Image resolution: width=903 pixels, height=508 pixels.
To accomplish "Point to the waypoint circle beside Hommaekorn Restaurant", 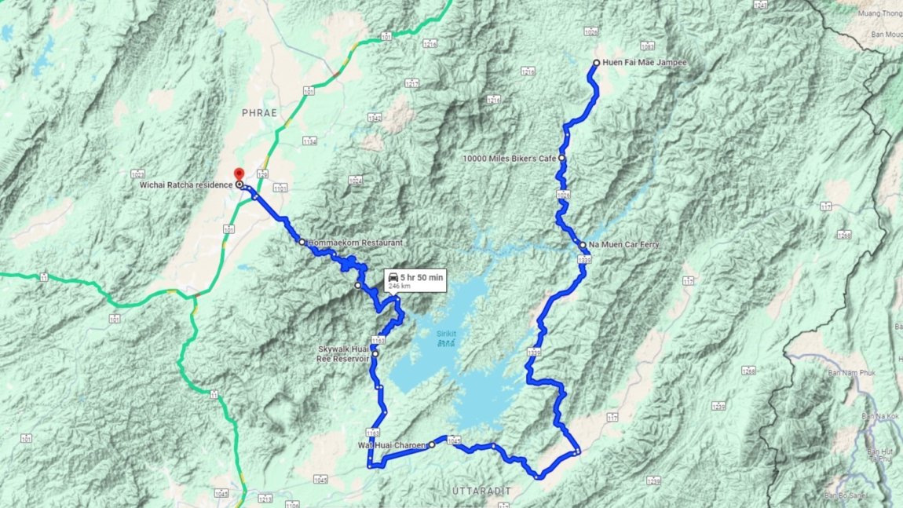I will [x=302, y=242].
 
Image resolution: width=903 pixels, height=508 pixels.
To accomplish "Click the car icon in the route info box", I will [x=392, y=276].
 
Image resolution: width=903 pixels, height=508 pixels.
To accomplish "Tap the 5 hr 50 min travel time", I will [x=422, y=276].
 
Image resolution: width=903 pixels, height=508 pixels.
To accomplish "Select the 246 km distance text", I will [x=400, y=287].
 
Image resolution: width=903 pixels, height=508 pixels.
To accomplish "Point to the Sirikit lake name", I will [x=446, y=334].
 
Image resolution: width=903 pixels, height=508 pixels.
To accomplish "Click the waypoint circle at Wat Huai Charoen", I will [x=432, y=444].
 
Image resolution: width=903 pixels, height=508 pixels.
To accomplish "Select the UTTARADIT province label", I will [x=481, y=491].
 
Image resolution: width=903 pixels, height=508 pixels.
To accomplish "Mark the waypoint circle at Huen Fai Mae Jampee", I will [x=597, y=63].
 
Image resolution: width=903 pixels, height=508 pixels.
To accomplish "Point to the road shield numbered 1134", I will [x=309, y=141].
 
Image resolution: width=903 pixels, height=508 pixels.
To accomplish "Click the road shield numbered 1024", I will [x=356, y=181].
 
